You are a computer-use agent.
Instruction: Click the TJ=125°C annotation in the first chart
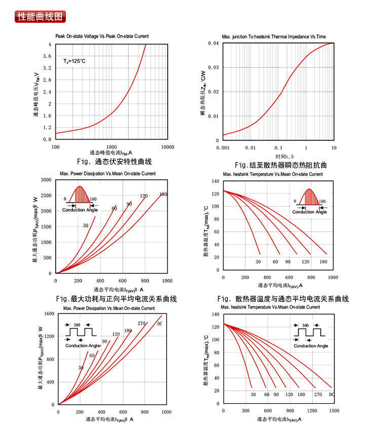coord(74,61)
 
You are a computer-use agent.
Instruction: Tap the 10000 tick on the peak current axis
coord(167,147)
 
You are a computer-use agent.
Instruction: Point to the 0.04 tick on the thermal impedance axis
coord(213,44)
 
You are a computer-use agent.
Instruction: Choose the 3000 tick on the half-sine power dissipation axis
coord(46,180)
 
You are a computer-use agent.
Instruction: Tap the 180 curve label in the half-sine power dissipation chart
coord(163,195)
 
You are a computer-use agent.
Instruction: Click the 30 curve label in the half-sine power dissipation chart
coord(86,225)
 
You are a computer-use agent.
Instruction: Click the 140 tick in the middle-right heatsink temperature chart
coord(216,181)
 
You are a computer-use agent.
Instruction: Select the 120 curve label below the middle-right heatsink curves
coord(306,261)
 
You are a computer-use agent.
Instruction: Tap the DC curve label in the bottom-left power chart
coord(160,324)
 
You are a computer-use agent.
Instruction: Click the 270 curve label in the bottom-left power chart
coord(141,323)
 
